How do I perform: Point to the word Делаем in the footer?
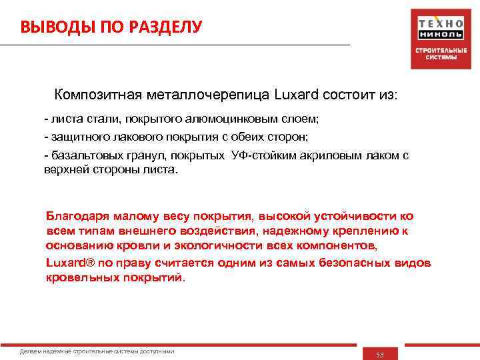[x=30, y=351]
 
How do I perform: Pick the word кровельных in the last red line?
[x=82, y=277]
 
